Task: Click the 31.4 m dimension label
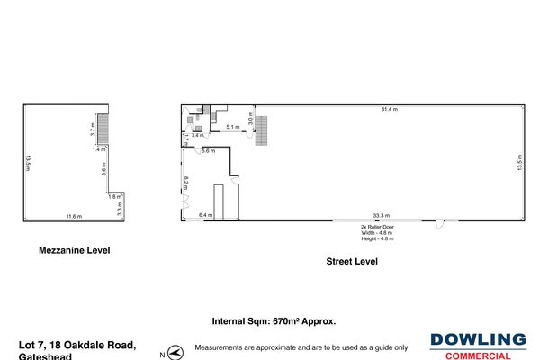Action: click(389, 110)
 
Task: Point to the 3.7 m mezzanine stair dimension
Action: click(93, 130)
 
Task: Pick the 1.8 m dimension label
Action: click(114, 196)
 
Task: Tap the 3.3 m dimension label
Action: click(120, 208)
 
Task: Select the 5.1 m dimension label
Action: click(232, 127)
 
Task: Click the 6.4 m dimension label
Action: click(205, 216)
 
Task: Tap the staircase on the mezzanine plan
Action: click(103, 128)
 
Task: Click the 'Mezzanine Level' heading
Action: click(74, 251)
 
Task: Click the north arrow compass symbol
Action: click(175, 350)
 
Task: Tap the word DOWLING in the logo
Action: click(478, 339)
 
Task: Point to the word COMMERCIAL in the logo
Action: click(478, 355)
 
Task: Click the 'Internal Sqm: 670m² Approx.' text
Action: click(274, 320)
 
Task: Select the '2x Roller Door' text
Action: click(376, 227)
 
